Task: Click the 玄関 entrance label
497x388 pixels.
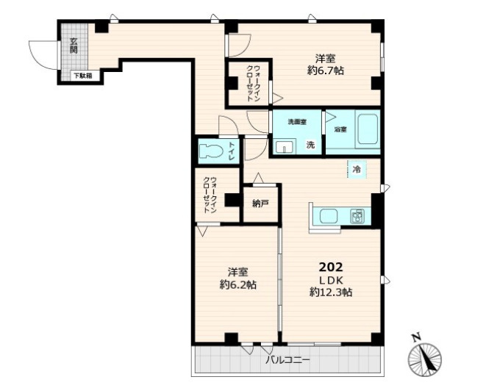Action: pos(74,46)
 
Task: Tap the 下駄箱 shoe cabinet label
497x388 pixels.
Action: pos(83,76)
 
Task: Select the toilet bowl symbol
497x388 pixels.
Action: pos(211,151)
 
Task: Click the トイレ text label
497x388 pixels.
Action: pos(232,151)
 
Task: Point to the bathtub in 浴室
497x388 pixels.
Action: pos(368,129)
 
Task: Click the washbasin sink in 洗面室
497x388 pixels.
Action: pos(285,147)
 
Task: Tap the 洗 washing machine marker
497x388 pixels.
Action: pos(310,145)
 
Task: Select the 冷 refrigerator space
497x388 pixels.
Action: pos(357,169)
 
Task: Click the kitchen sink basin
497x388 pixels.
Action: pos(329,216)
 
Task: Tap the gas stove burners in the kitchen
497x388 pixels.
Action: pos(357,216)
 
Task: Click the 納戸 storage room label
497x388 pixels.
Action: pos(260,204)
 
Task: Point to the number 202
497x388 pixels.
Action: pos(331,267)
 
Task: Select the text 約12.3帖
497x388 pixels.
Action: pos(331,292)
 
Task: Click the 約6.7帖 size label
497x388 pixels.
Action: pos(326,71)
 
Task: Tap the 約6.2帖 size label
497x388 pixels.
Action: pos(238,284)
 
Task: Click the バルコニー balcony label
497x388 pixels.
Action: pos(287,360)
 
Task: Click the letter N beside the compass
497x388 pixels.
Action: pos(416,337)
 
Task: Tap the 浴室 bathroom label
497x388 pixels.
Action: pos(340,129)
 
